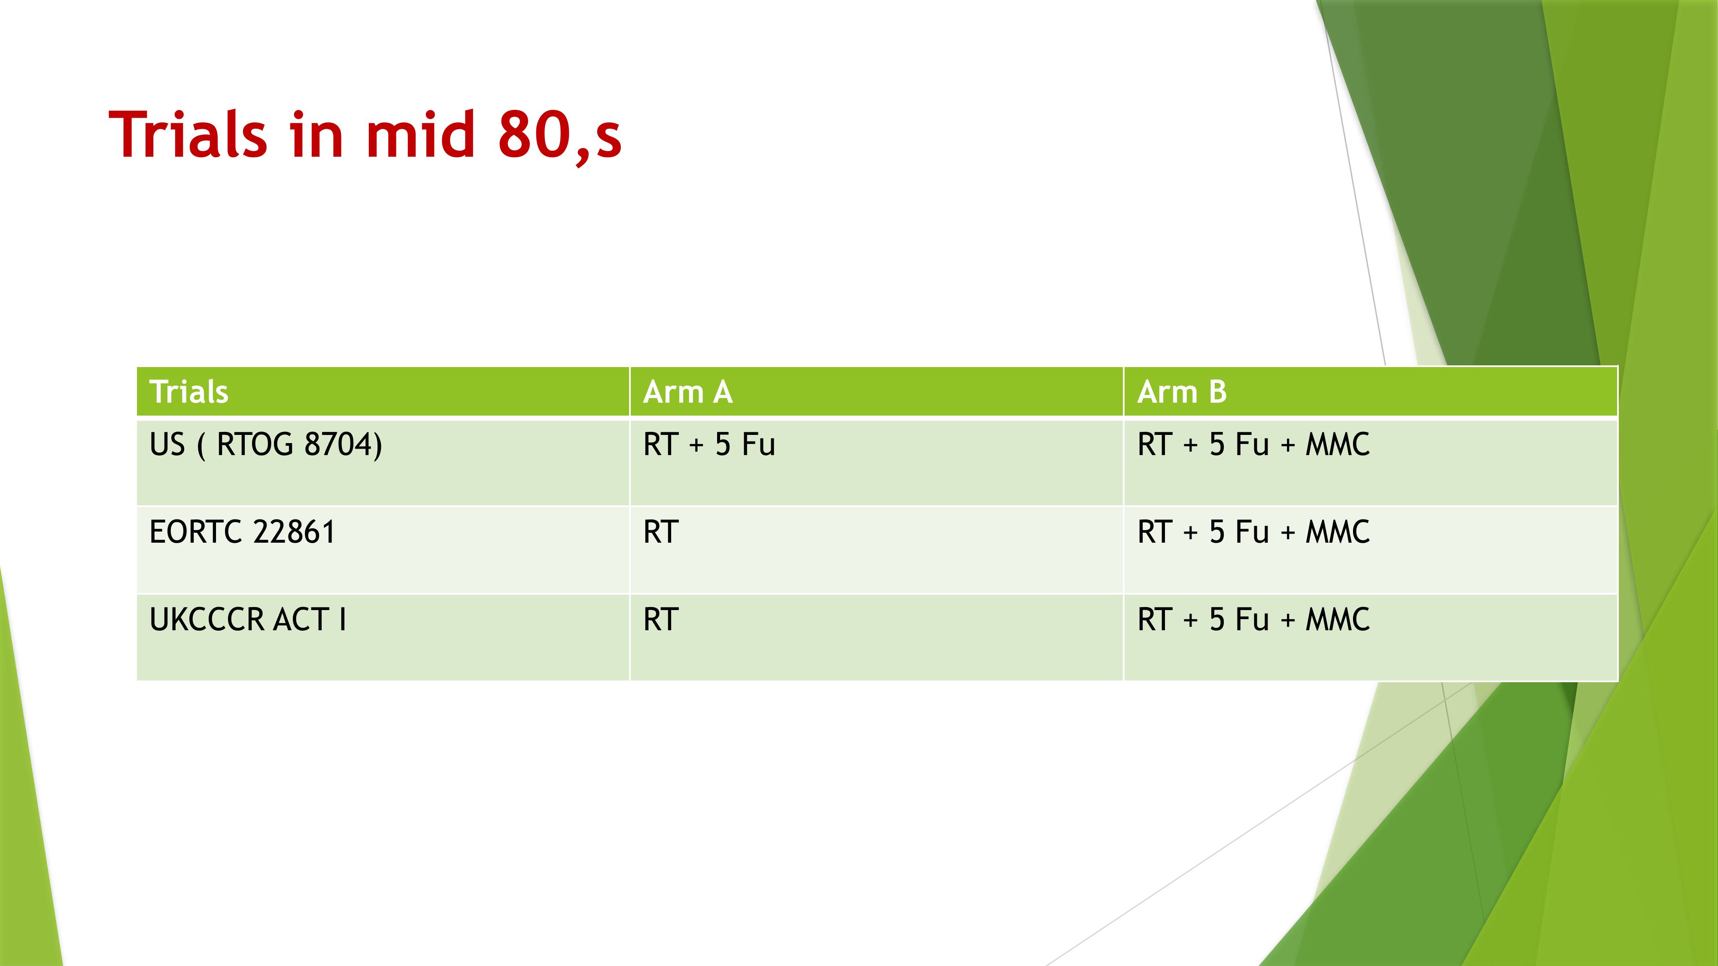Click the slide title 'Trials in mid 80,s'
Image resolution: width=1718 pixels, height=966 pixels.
point(365,135)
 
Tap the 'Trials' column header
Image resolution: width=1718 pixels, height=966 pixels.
point(189,391)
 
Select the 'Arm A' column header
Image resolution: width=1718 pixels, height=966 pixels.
point(687,391)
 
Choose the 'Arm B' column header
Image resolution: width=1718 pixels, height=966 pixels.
point(1182,391)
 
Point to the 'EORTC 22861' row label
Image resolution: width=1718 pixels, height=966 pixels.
point(242,532)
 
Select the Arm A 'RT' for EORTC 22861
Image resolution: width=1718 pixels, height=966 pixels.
point(661,532)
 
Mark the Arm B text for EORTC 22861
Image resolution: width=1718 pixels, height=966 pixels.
point(1253,532)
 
